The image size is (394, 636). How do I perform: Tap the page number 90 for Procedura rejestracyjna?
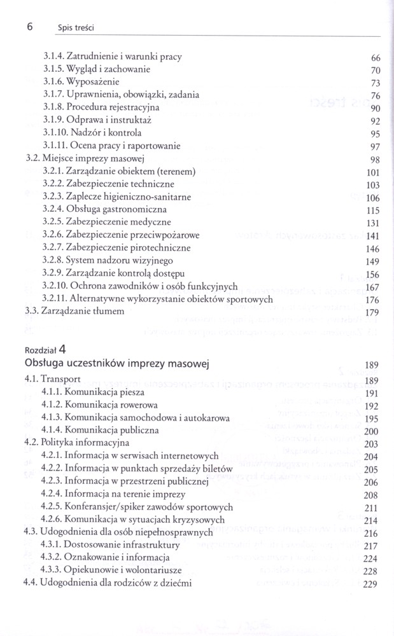374,109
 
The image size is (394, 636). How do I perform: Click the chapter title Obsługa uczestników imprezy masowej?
118,364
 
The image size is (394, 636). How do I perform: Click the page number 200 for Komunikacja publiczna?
372,431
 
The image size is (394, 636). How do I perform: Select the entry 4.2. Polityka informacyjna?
81,443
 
